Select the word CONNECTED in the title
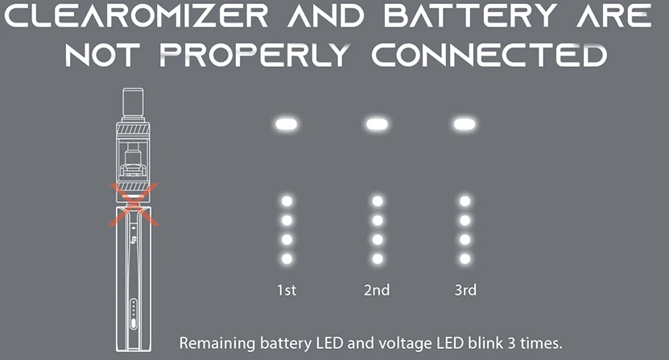[x=493, y=56]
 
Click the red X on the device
[x=131, y=204]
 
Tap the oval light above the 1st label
[x=287, y=124]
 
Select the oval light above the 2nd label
[x=376, y=124]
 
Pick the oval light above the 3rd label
[x=463, y=124]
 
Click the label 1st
[x=286, y=290]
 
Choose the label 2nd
[x=376, y=290]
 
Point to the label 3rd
[x=465, y=290]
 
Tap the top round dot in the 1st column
[x=287, y=201]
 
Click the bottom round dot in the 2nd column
[x=376, y=259]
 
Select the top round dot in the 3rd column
[x=464, y=201]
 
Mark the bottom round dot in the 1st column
[x=287, y=259]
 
